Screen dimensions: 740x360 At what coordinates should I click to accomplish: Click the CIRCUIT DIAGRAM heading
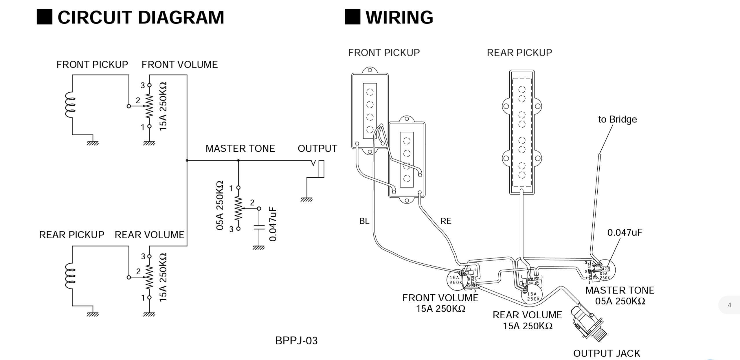141,17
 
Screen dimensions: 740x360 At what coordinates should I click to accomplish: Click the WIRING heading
399,17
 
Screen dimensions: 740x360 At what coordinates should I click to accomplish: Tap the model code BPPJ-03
296,341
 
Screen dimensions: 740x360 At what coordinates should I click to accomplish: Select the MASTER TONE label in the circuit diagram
240,148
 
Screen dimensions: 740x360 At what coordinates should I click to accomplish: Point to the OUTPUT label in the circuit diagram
317,148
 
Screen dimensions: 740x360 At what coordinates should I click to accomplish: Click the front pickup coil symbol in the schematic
70,105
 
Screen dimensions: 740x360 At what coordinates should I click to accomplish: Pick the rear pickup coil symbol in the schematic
70,276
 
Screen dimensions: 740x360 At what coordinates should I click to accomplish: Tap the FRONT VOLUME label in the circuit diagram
179,65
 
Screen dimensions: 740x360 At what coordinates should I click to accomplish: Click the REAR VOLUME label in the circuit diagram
149,235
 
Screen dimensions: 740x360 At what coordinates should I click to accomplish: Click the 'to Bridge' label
618,119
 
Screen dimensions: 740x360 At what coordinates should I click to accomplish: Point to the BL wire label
364,221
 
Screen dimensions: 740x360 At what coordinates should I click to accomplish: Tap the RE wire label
446,221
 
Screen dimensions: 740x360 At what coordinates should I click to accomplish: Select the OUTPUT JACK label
607,353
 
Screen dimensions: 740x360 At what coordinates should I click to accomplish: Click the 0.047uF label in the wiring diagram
625,232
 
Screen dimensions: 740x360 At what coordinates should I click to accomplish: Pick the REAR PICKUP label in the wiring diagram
519,53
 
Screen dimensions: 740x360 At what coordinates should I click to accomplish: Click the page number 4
729,305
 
